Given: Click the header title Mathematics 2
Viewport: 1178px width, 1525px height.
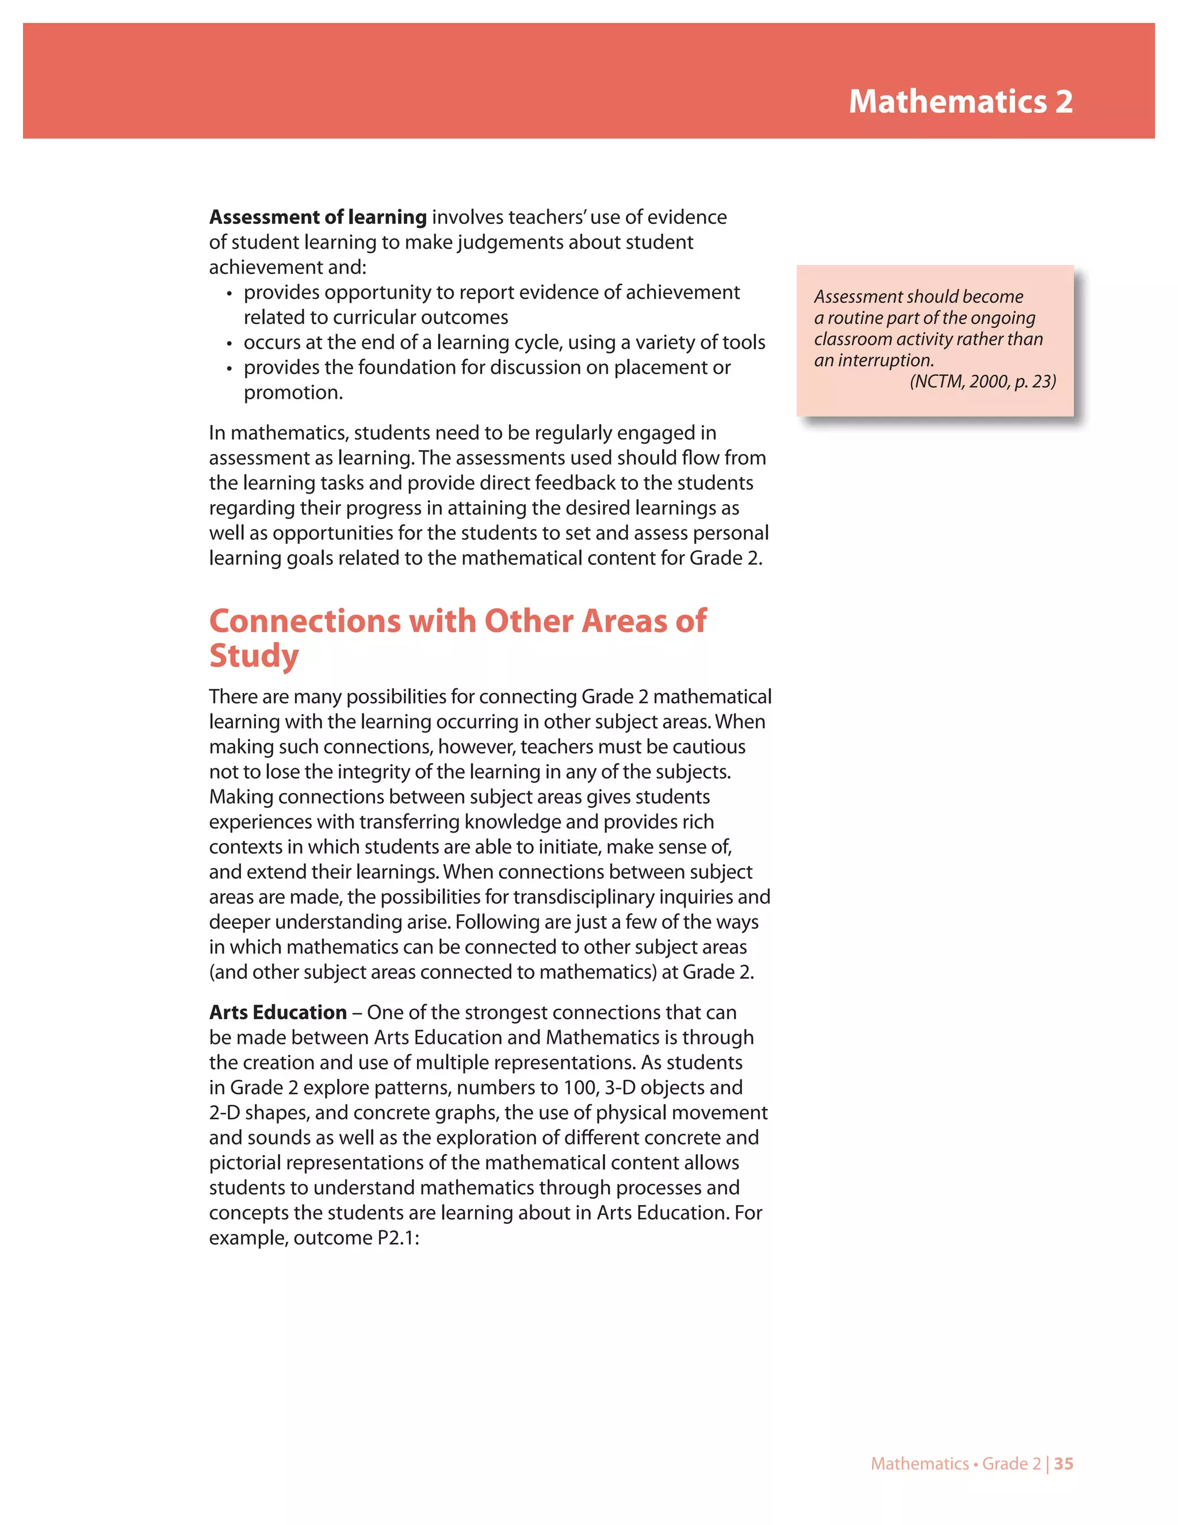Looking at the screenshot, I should coord(960,101).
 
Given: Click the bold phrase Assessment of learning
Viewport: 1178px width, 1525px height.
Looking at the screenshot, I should coord(318,217).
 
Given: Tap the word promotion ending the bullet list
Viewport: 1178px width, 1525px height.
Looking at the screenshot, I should coord(292,392).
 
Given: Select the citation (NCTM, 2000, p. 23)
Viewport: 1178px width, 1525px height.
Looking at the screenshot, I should coord(982,381).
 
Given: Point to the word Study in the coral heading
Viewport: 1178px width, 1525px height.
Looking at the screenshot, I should coord(254,655).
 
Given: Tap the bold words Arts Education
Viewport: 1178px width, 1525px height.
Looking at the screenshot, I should coord(278,1012).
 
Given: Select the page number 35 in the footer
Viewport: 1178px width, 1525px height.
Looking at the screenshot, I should coord(1064,1463).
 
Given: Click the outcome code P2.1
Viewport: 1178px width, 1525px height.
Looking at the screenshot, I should coord(395,1238).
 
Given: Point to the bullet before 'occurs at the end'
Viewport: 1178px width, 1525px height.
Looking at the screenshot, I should coord(229,344).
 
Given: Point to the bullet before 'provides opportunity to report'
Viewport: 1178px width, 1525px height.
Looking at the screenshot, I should coord(229,293).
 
